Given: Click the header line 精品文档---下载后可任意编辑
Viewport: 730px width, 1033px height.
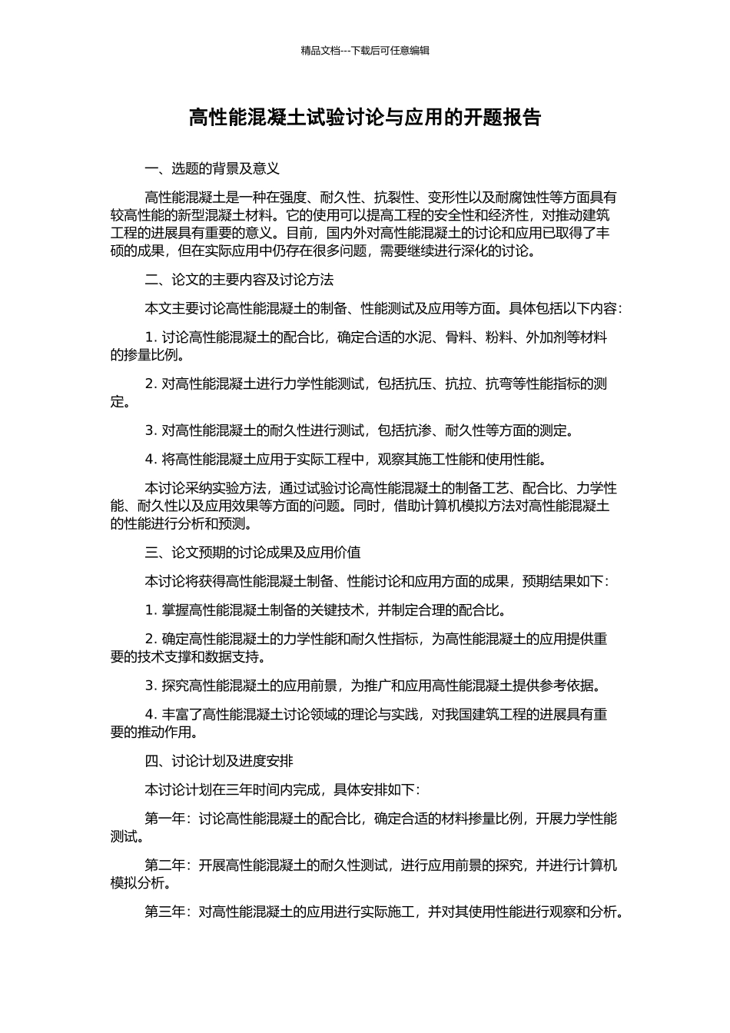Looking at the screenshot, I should (365, 51).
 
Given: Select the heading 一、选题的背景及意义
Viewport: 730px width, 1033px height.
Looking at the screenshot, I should (212, 168).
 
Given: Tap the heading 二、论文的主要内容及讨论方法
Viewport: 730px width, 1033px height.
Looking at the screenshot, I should (239, 280).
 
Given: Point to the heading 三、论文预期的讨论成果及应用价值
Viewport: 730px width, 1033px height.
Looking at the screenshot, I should (253, 553).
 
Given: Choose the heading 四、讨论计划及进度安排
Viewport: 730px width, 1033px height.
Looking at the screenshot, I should (219, 762).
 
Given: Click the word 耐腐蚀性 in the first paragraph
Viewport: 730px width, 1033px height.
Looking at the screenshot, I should (524, 198).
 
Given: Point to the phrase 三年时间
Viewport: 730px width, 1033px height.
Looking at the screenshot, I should (254, 790).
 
